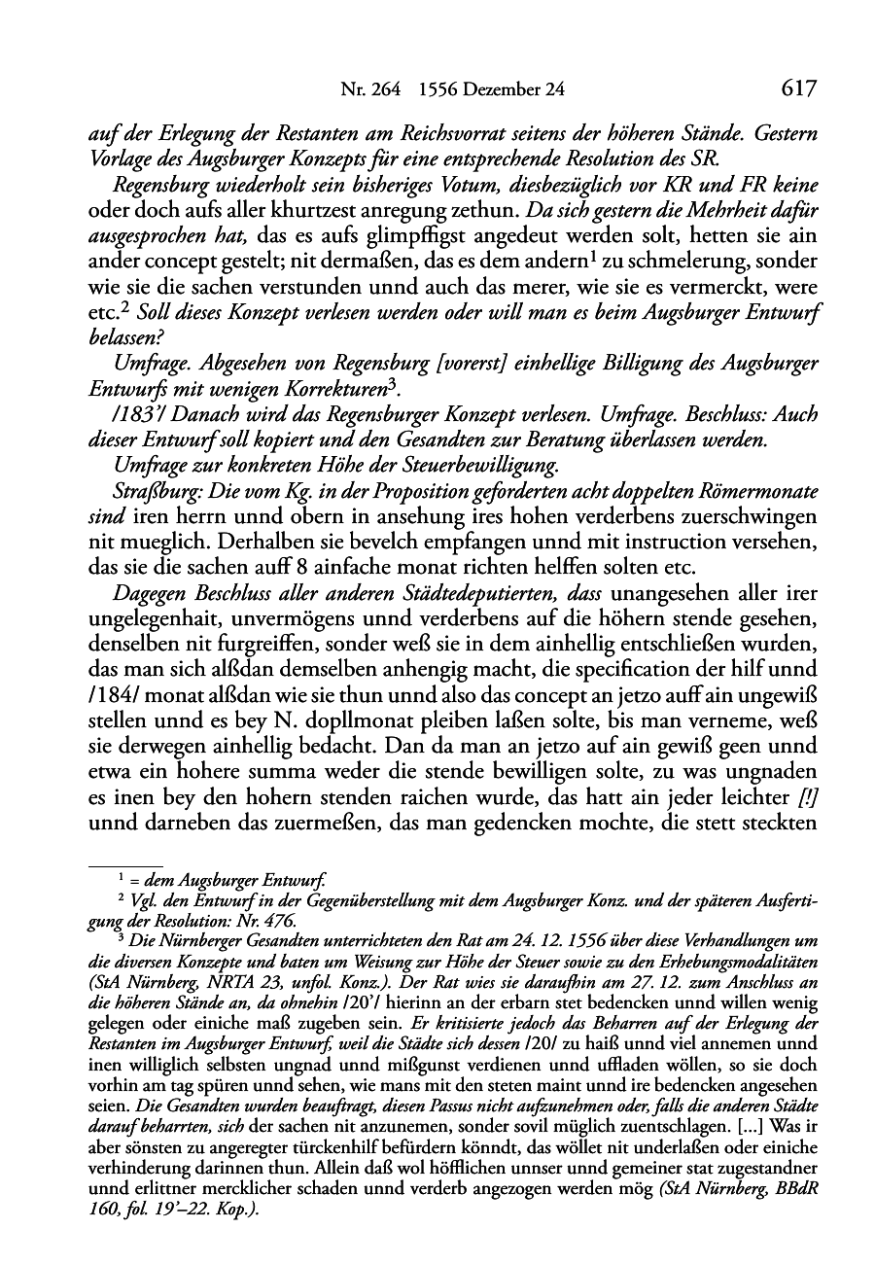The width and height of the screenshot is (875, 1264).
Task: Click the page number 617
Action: tap(796, 89)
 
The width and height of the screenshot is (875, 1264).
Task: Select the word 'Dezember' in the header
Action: tap(502, 90)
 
